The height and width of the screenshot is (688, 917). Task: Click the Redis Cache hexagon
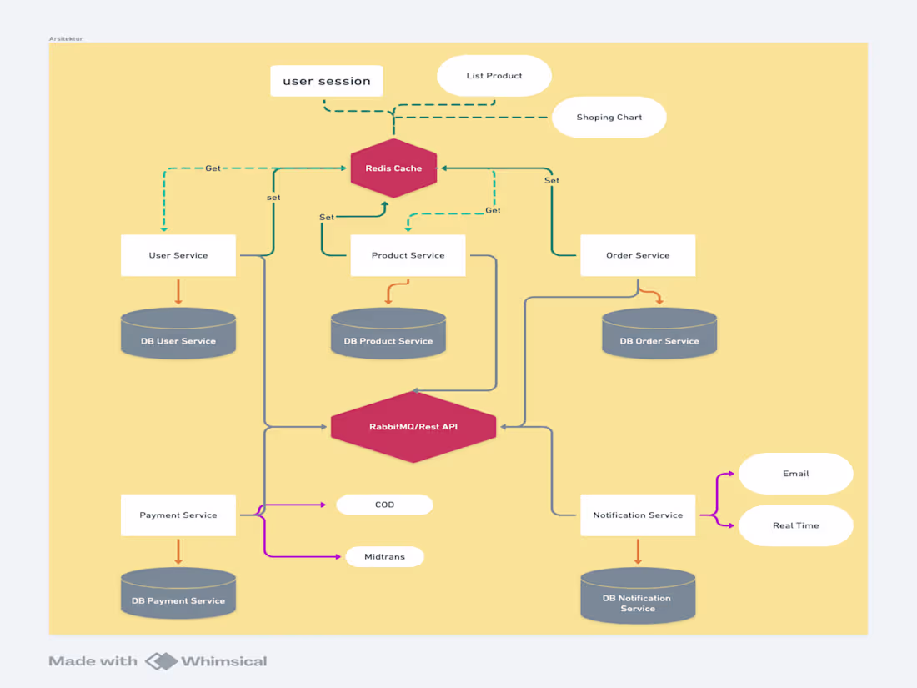click(x=393, y=168)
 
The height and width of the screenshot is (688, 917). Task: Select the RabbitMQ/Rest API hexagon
click(x=413, y=427)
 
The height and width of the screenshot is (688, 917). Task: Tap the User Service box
click(x=178, y=255)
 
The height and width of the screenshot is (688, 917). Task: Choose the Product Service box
click(x=408, y=255)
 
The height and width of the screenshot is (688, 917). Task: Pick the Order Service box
click(x=638, y=255)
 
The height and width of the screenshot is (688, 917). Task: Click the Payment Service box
click(x=178, y=515)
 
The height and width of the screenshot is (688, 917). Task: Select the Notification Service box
click(x=638, y=515)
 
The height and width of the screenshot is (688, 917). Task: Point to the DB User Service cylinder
click(x=178, y=334)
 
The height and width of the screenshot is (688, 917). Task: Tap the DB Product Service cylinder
click(x=388, y=334)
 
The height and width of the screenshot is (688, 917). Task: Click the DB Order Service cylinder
click(x=659, y=334)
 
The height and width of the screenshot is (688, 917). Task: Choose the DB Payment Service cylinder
click(x=178, y=595)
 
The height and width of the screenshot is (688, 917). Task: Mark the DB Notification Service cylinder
click(x=638, y=597)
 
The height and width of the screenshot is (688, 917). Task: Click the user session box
click(x=327, y=81)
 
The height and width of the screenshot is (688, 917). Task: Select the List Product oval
click(x=494, y=76)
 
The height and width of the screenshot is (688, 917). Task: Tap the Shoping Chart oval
click(x=609, y=118)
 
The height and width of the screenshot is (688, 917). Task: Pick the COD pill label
click(x=384, y=505)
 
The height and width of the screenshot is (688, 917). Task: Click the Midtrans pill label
click(x=384, y=556)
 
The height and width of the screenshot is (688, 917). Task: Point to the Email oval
click(x=796, y=474)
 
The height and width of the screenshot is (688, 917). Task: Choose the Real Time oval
click(x=796, y=525)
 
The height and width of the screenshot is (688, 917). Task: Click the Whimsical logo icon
click(x=162, y=661)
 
